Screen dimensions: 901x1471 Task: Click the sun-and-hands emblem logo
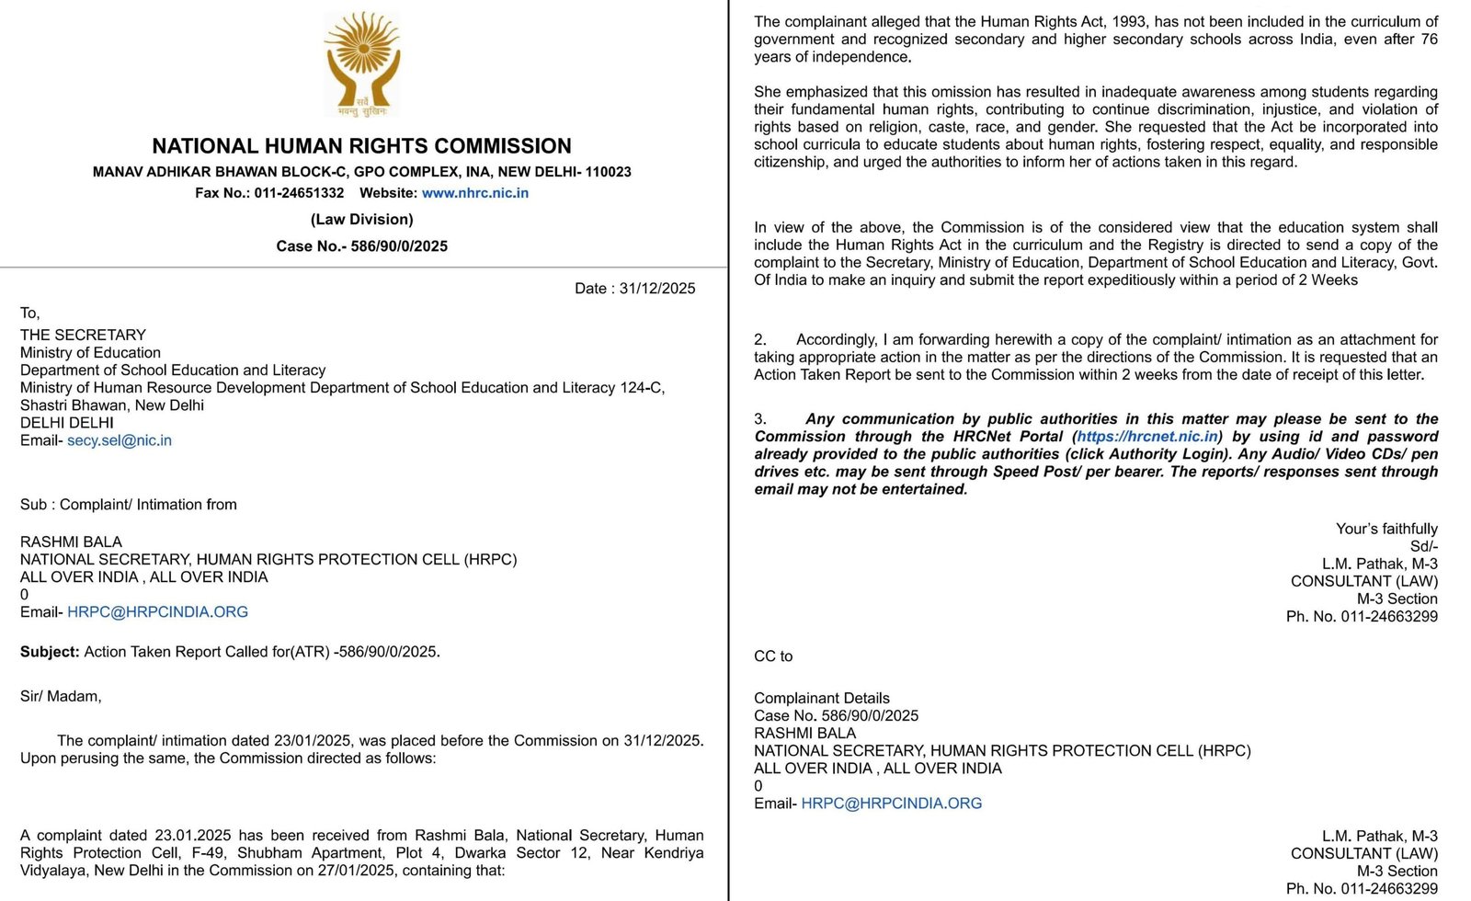pyautogui.click(x=362, y=63)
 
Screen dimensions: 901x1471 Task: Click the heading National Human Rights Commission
pyautogui.click(x=361, y=146)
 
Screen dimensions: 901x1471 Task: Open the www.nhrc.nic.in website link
pyautogui.click(x=474, y=193)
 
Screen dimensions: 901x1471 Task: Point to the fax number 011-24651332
pyautogui.click(x=299, y=193)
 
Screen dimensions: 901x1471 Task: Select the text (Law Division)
pyautogui.click(x=361, y=219)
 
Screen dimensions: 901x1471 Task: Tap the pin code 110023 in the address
pyautogui.click(x=608, y=172)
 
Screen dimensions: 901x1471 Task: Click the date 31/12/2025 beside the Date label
pyautogui.click(x=656, y=289)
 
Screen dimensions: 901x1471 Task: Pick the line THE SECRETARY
pyautogui.click(x=83, y=335)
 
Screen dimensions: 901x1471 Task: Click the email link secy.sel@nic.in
pyautogui.click(x=120, y=440)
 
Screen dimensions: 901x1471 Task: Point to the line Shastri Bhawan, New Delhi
pyautogui.click(x=112, y=405)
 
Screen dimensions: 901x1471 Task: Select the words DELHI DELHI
pyautogui.click(x=67, y=423)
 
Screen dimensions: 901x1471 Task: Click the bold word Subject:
pyautogui.click(x=50, y=652)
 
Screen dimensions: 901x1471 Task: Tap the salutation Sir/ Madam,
pyautogui.click(x=61, y=697)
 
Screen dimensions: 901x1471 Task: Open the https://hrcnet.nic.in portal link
pyautogui.click(x=1147, y=437)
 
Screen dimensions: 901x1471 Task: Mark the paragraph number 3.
pyautogui.click(x=760, y=419)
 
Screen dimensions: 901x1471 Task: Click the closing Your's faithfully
pyautogui.click(x=1386, y=529)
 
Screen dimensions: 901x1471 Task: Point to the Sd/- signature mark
pyautogui.click(x=1423, y=546)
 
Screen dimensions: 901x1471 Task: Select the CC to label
pyautogui.click(x=773, y=656)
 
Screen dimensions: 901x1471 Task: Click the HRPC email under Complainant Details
pyautogui.click(x=891, y=804)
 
